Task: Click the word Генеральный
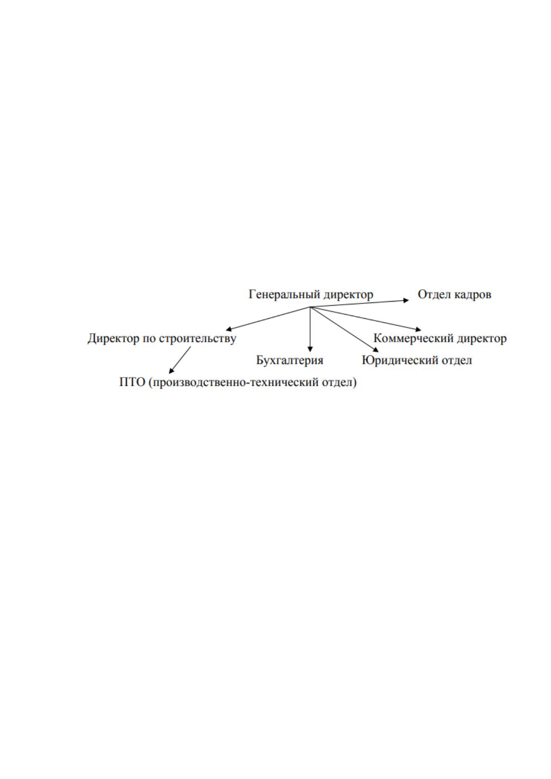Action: point(284,295)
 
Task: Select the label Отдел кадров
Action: point(455,295)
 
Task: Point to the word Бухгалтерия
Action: point(290,360)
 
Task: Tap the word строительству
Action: point(198,339)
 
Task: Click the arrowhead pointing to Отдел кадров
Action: point(406,301)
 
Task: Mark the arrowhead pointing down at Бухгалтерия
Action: point(310,350)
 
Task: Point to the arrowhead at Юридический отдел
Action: point(376,350)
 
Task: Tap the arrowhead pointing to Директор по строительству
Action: point(229,328)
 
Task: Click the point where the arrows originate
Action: point(310,307)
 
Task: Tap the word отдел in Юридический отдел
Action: point(457,360)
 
